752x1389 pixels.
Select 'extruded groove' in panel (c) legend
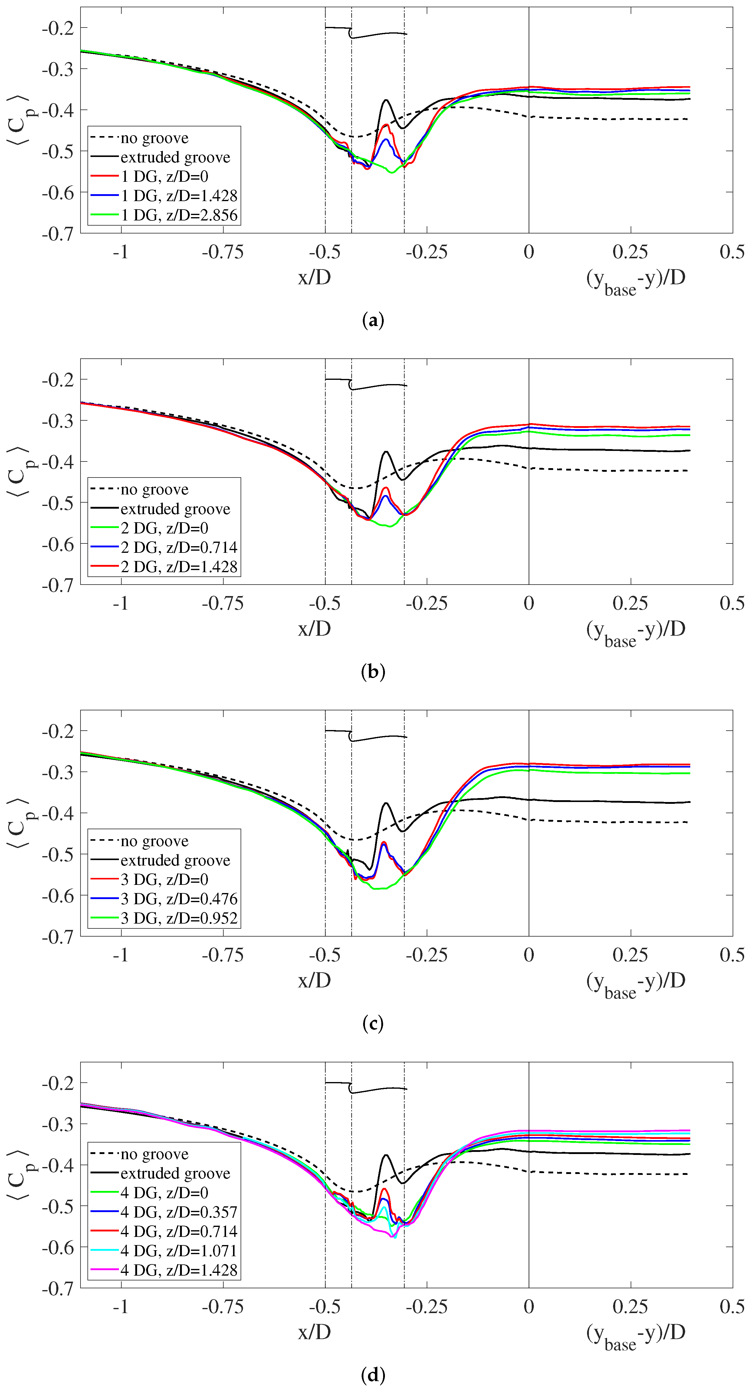[x=175, y=860]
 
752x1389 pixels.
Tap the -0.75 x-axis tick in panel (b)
[x=222, y=603]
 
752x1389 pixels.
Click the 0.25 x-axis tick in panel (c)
[x=630, y=955]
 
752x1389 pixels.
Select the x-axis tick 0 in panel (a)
[x=529, y=252]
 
